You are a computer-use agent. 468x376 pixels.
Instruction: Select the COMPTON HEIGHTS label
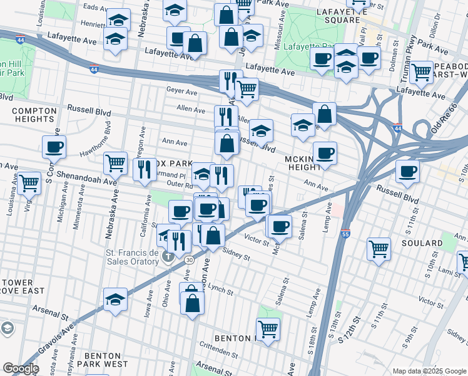pyautogui.click(x=33, y=115)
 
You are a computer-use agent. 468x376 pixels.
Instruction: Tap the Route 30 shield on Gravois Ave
pyautogui.click(x=189, y=259)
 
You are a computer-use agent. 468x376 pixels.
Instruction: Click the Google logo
pyautogui.click(x=21, y=369)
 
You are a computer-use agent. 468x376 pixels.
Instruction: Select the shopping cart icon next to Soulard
pyautogui.click(x=379, y=249)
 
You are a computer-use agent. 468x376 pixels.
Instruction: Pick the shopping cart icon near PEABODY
pyautogui.click(x=422, y=72)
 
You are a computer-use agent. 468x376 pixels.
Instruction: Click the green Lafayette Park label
pyautogui.click(x=306, y=46)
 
